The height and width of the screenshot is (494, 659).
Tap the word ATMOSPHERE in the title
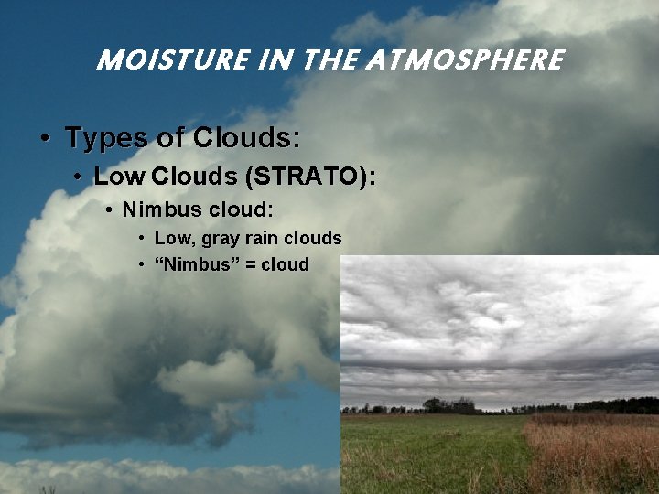point(464,60)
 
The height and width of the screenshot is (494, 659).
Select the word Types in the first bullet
point(105,138)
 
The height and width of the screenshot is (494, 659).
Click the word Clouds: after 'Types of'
point(246,138)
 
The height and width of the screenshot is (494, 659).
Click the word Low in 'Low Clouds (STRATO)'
point(120,176)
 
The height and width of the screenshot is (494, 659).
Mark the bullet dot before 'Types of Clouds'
point(45,139)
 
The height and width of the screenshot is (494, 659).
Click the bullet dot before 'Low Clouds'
point(80,177)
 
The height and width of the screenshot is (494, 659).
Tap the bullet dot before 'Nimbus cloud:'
point(109,210)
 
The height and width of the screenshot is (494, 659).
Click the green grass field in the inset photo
point(430,453)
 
